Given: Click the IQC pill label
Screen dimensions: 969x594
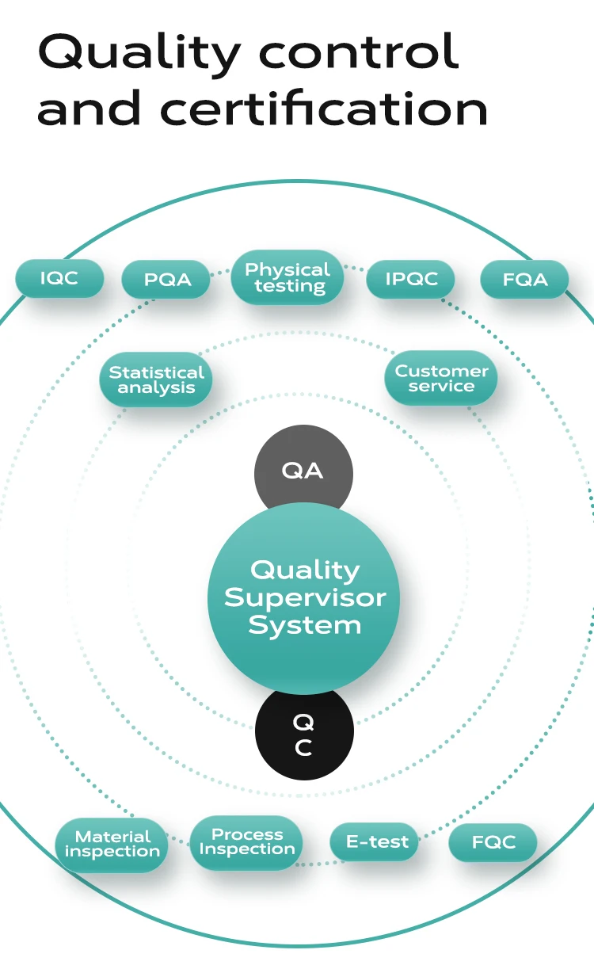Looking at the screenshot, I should [x=59, y=279].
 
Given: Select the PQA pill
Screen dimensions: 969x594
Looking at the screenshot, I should [x=166, y=280].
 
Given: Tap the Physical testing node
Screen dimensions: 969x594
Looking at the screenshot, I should [x=287, y=278].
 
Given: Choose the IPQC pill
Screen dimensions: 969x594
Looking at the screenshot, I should [x=411, y=279].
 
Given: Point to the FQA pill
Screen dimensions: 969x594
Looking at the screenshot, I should [x=524, y=280].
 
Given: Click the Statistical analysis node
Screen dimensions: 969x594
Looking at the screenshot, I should [x=156, y=380].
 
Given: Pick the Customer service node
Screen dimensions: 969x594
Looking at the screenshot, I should [x=441, y=378].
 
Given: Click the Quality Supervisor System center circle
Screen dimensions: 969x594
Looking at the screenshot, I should [x=304, y=597].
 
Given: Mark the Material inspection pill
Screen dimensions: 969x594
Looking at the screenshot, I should [x=112, y=844].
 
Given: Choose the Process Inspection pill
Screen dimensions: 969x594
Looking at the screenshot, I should [x=247, y=841].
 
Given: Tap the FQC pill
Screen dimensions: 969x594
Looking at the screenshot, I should [x=493, y=842].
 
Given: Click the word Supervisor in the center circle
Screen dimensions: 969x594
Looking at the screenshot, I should [x=305, y=597].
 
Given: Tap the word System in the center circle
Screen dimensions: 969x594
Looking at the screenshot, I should [x=304, y=625].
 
